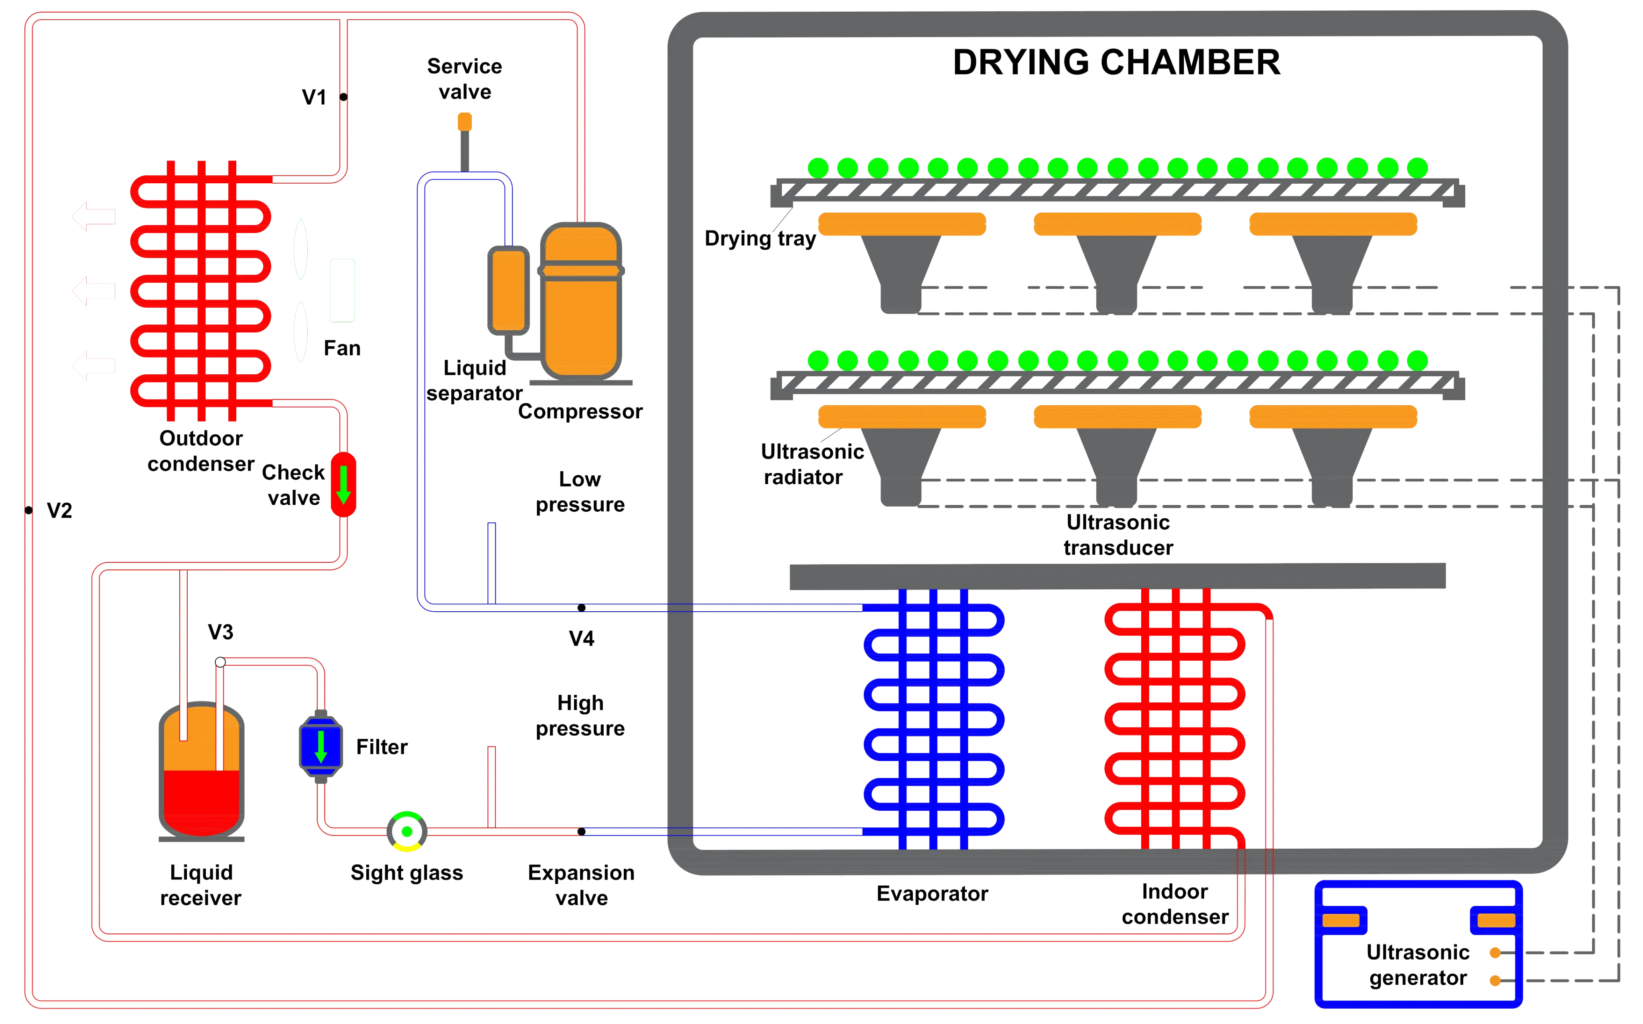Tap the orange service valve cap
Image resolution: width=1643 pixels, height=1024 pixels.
465,122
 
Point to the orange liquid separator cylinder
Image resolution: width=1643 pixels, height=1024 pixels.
508,290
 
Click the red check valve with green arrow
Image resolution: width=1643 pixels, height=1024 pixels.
343,484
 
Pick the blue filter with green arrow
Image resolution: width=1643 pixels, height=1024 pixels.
321,746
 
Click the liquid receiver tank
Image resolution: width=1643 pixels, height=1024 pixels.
202,772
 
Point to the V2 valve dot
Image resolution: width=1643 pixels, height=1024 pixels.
28,510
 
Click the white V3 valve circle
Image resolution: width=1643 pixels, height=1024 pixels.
220,662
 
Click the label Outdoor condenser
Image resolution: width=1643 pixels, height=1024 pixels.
201,451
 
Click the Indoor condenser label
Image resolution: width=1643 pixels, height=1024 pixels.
1175,905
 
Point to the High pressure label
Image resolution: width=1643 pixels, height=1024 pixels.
580,716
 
